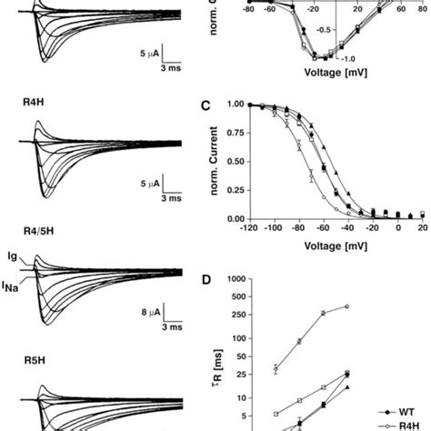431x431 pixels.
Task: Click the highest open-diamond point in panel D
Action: [346, 306]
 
